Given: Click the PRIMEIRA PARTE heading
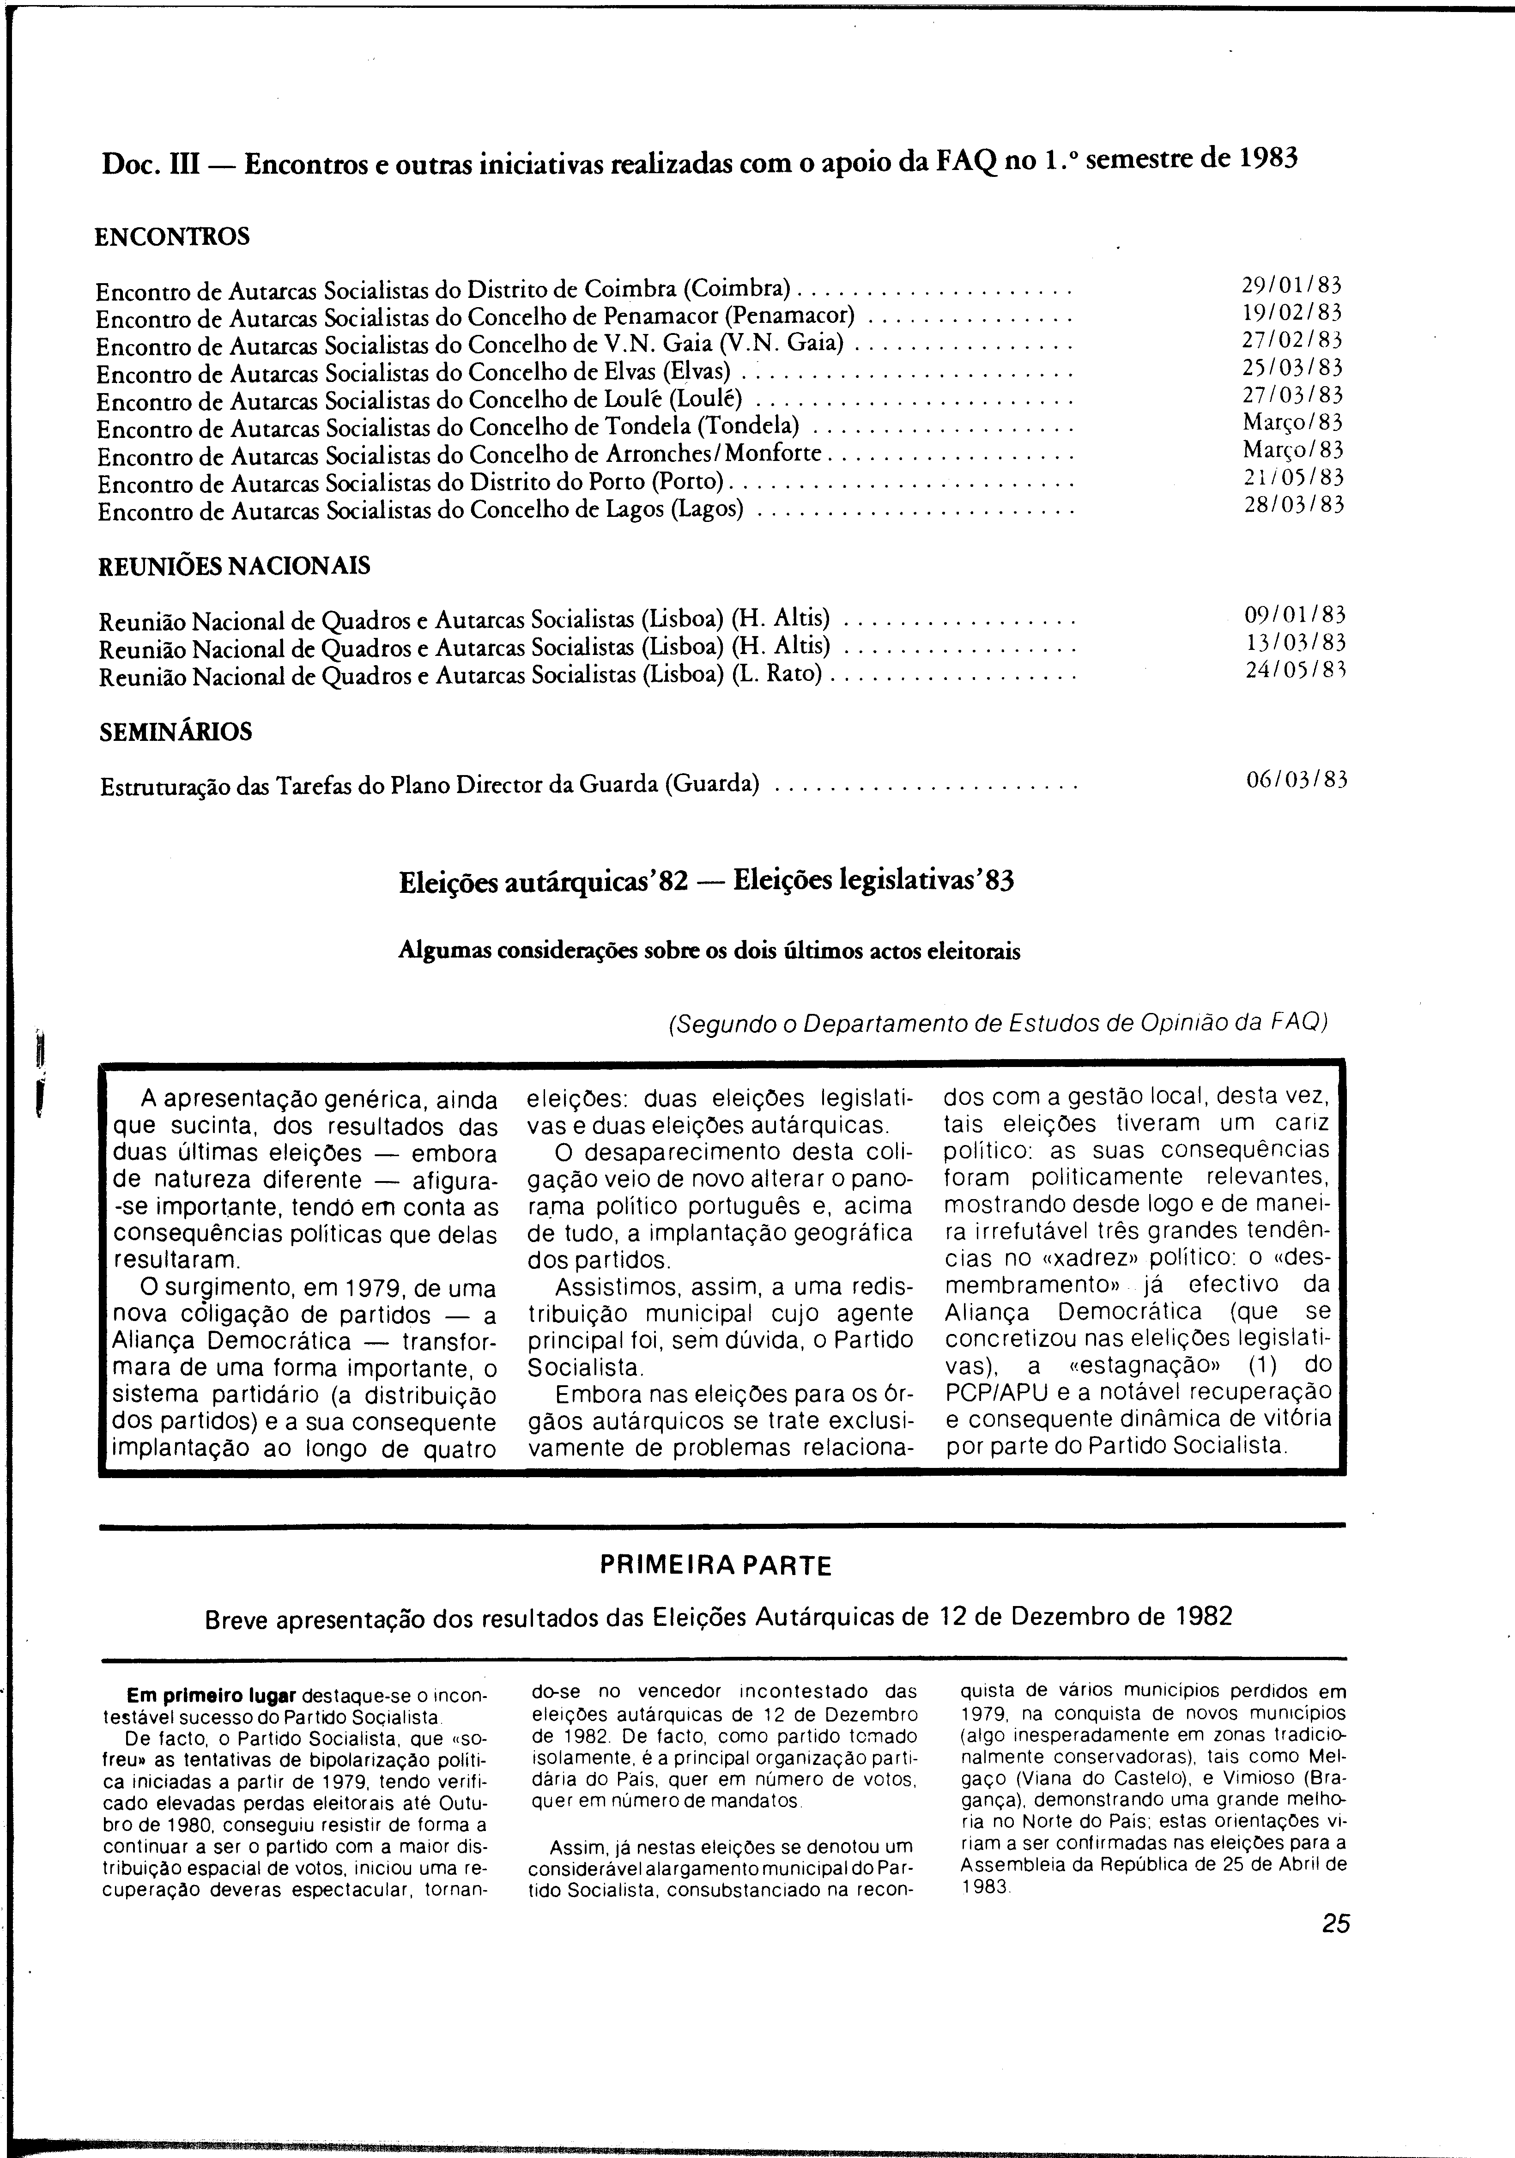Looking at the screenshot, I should tap(715, 1566).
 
